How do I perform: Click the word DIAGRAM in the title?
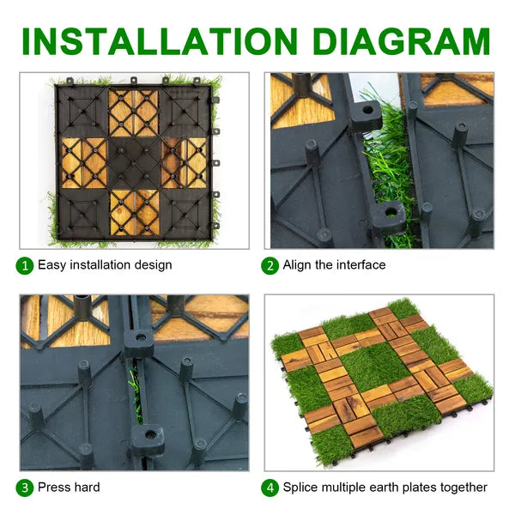(402, 42)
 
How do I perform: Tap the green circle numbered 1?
(25, 266)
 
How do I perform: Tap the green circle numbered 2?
(270, 266)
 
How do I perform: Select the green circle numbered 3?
(25, 488)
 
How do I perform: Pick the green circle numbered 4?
(270, 488)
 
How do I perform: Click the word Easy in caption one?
(51, 265)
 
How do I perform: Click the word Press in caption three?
(53, 487)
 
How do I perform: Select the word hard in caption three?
(86, 487)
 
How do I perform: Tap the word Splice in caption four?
(300, 488)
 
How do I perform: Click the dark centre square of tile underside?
(134, 163)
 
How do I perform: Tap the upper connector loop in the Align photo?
(367, 115)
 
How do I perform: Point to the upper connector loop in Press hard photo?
(139, 342)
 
